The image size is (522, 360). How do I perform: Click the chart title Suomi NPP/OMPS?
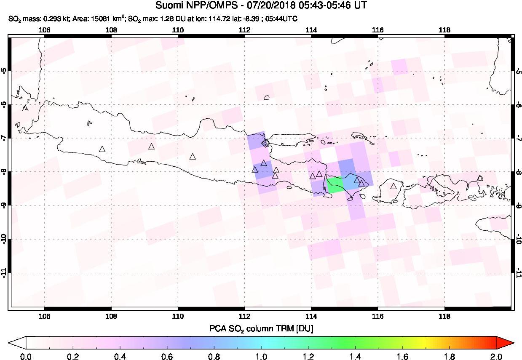[x=261, y=5]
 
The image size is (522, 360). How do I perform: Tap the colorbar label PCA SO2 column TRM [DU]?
[x=261, y=328]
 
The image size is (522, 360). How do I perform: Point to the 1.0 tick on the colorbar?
[x=261, y=349]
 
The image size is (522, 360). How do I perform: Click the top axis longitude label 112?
[x=244, y=30]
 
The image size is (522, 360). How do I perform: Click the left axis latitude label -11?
[x=5, y=273]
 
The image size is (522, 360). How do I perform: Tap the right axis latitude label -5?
[x=518, y=70]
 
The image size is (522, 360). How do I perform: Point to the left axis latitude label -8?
[x=5, y=171]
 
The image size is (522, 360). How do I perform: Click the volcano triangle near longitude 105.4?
[x=25, y=108]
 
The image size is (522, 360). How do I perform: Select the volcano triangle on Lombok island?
[x=394, y=186]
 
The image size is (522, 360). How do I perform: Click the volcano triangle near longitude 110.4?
[x=193, y=157]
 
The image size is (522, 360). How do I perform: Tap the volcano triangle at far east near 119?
[x=479, y=178]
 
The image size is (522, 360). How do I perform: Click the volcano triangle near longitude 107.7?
[x=102, y=149]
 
